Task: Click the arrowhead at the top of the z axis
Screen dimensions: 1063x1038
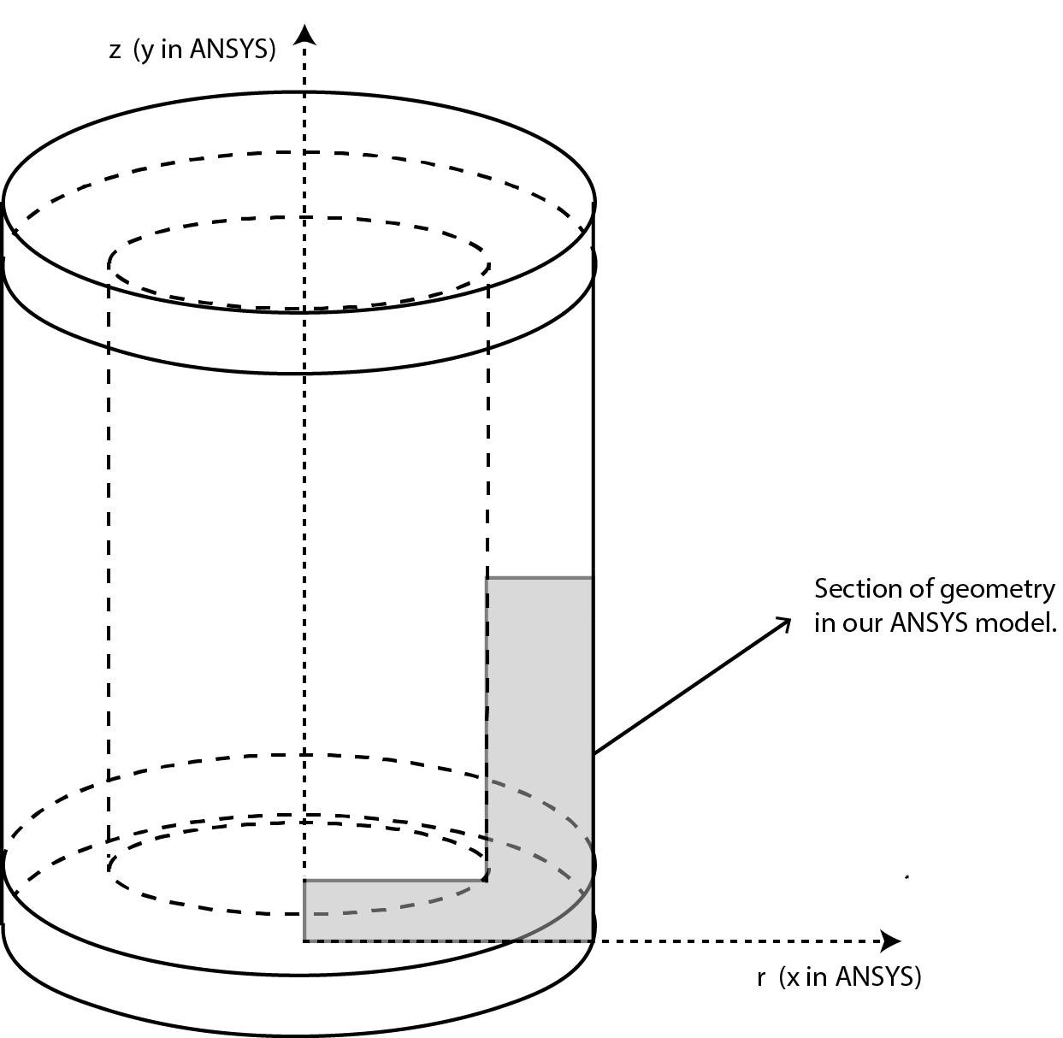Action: [x=304, y=35]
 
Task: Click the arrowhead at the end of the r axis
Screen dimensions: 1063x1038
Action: [x=891, y=941]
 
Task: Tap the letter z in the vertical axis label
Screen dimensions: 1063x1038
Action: [x=115, y=51]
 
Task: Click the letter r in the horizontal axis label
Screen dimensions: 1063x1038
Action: [x=761, y=978]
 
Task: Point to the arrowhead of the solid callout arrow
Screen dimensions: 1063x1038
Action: [x=783, y=624]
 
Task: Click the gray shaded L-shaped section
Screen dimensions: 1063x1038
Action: [x=540, y=764]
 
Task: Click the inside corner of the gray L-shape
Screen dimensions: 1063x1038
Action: [x=486, y=880]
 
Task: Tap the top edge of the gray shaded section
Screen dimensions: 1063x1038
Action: [x=540, y=577]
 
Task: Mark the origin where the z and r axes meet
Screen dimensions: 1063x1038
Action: [x=304, y=941]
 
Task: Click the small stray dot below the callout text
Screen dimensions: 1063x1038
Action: [x=907, y=877]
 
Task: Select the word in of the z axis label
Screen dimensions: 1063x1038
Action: [x=172, y=49]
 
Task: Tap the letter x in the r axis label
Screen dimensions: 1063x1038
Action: [x=794, y=978]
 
